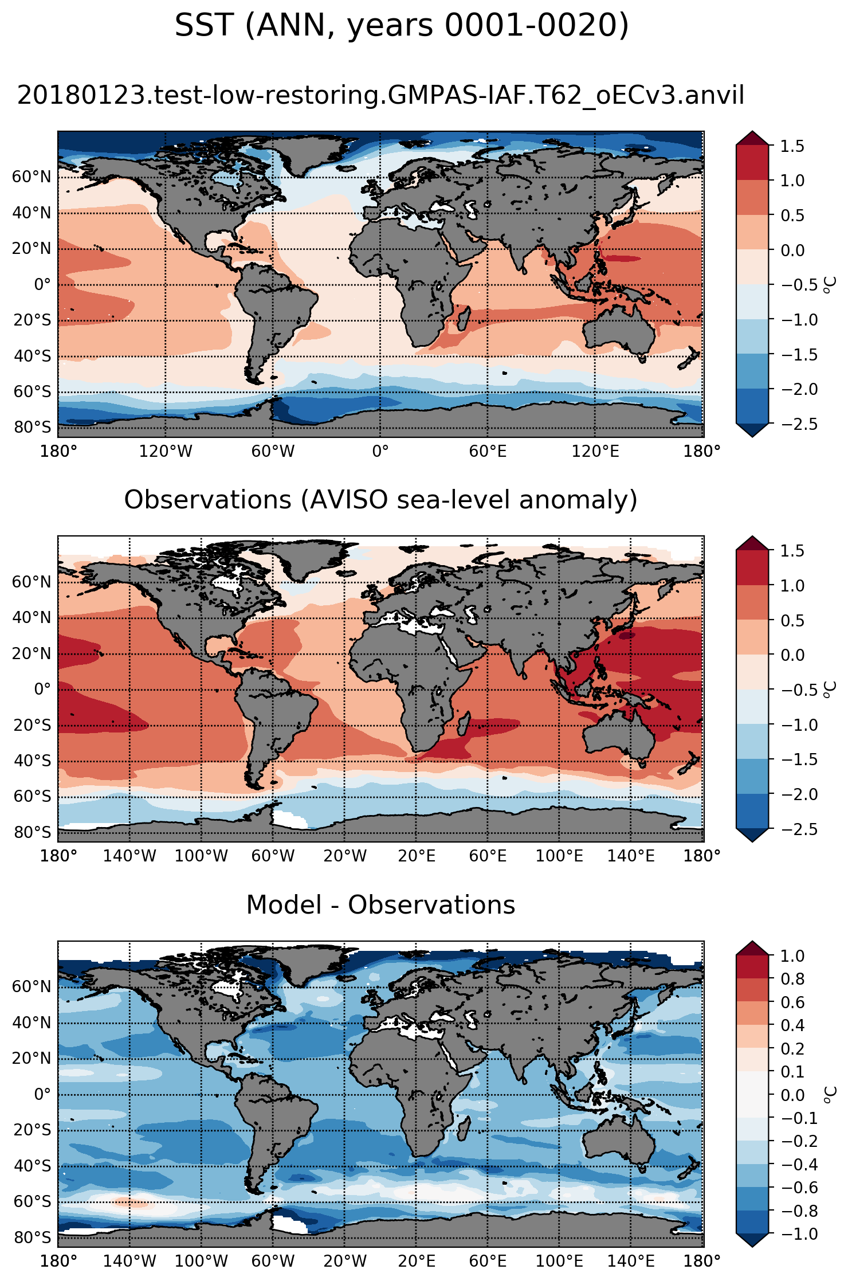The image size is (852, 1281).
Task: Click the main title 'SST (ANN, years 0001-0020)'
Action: pos(402,26)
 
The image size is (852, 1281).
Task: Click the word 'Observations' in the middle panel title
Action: pos(207,500)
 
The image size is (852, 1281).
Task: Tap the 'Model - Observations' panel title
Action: pos(380,905)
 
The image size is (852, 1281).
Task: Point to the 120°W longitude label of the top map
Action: pos(166,452)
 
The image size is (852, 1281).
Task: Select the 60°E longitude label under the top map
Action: pos(488,452)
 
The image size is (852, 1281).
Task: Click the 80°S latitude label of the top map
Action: pos(32,428)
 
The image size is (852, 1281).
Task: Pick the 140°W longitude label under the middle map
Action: pos(129,856)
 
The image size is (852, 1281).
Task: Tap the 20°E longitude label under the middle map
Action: pos(417,856)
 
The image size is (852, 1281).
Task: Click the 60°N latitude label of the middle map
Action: pos(32,582)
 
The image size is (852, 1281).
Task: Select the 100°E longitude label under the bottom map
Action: pos(559,1261)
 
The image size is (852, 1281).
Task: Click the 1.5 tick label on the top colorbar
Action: pos(792,146)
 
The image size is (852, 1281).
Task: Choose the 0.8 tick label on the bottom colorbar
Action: pos(792,979)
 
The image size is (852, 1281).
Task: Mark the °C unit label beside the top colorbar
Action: pos(830,285)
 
